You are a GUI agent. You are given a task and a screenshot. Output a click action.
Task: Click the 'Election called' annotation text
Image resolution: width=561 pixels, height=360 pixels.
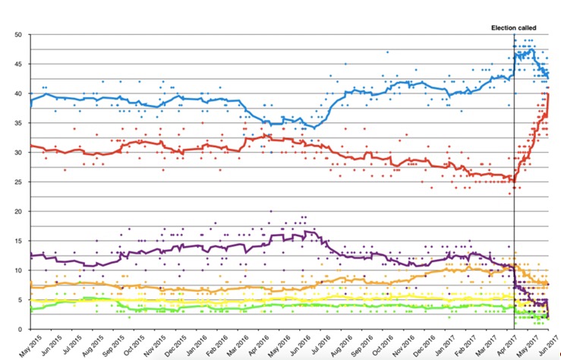[x=515, y=28]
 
